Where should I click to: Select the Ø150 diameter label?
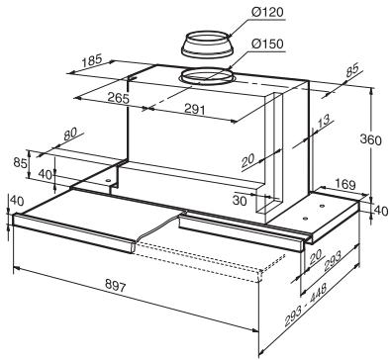267,44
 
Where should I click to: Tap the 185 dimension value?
91,60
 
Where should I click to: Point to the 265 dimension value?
118,98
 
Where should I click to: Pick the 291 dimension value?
195,110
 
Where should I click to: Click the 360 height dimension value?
370,140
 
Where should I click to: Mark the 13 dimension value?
323,122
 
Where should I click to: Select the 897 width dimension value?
116,285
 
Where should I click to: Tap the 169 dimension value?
345,185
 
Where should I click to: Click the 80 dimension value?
69,135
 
